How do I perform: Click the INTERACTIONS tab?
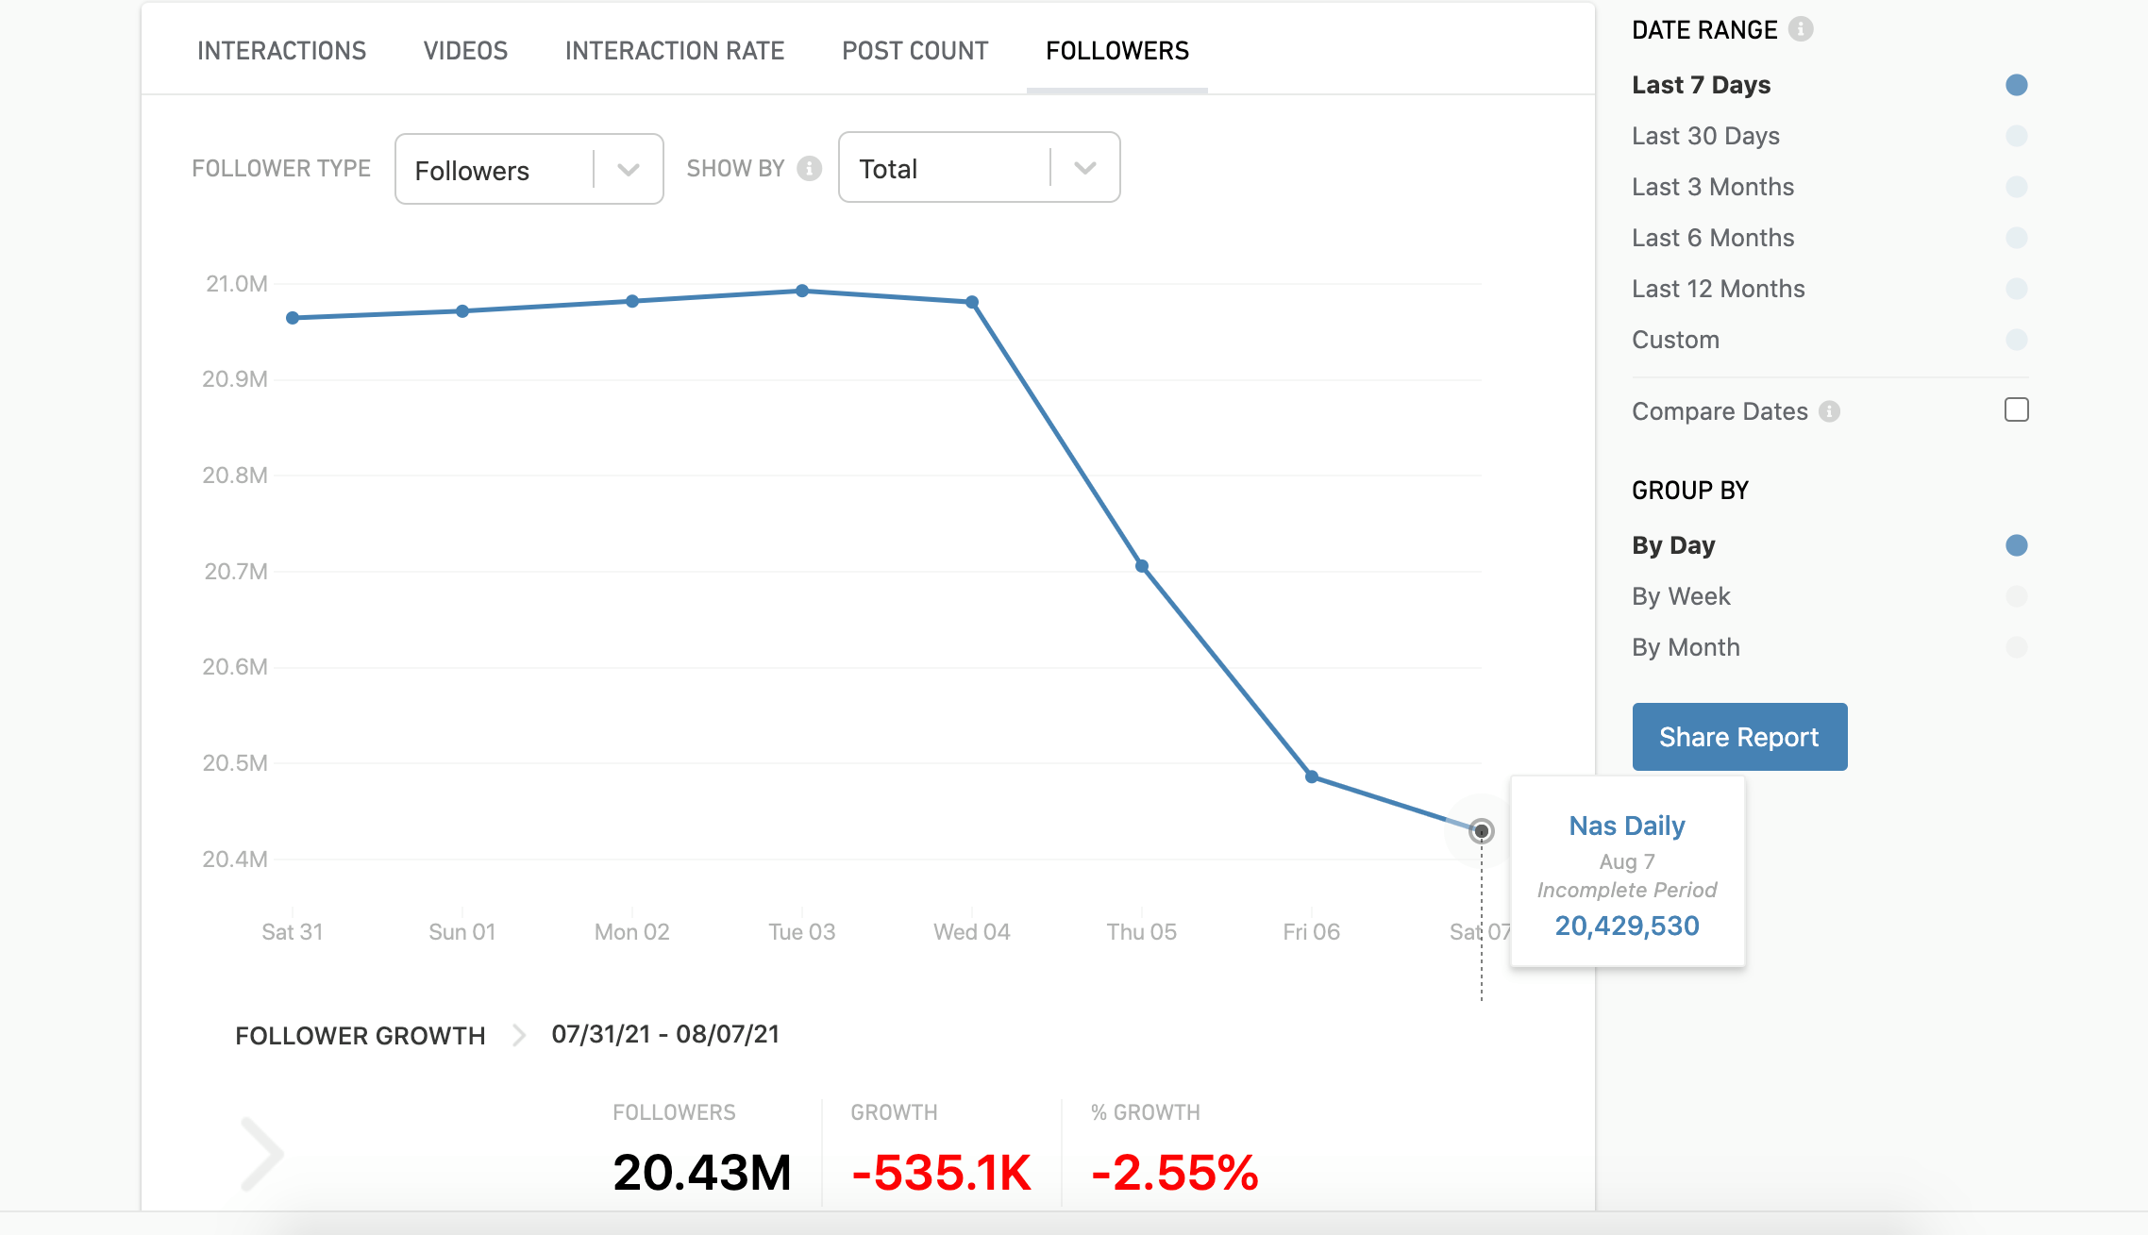point(281,51)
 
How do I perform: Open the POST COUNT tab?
point(915,51)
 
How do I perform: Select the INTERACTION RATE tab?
point(675,51)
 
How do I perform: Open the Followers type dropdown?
point(529,170)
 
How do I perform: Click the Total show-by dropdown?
point(979,169)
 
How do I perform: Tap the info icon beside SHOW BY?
point(809,169)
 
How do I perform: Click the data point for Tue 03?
point(802,291)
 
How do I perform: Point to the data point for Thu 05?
point(1142,566)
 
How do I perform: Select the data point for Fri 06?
point(1312,776)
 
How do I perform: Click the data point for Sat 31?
point(293,318)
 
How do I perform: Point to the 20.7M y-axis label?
point(236,572)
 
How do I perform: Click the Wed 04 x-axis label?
point(971,932)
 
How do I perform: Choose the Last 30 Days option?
point(1705,136)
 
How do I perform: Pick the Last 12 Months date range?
point(1718,289)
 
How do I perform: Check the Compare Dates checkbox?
point(2016,410)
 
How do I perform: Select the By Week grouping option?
point(1681,596)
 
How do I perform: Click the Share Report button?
point(1739,737)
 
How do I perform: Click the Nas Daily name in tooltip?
point(1627,826)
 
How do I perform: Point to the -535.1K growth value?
point(941,1173)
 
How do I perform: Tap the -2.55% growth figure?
point(1174,1173)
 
